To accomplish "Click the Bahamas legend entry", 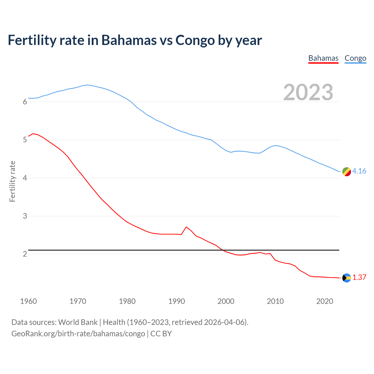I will (x=323, y=58).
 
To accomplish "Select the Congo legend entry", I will (x=355, y=58).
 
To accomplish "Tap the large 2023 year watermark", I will (x=308, y=92).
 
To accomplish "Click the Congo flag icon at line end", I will (x=347, y=172).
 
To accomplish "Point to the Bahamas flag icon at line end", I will (x=347, y=278).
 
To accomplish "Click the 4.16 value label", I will (x=359, y=171).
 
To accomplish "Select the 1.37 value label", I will (x=359, y=278).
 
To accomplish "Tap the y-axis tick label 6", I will (x=25, y=102).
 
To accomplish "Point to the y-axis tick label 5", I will (x=25, y=140).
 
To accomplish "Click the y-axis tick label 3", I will (x=25, y=216).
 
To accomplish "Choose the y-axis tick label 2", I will (x=25, y=254).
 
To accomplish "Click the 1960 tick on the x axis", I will (x=28, y=301).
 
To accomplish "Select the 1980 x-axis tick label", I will (x=127, y=301).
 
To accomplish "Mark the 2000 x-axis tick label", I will (x=226, y=301).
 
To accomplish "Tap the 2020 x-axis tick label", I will (x=325, y=301).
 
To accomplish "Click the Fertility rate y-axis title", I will (x=12, y=181).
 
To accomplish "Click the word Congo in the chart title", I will (x=195, y=40).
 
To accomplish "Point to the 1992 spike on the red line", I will (x=186, y=227).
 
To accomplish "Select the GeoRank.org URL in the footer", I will (x=78, y=334).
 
